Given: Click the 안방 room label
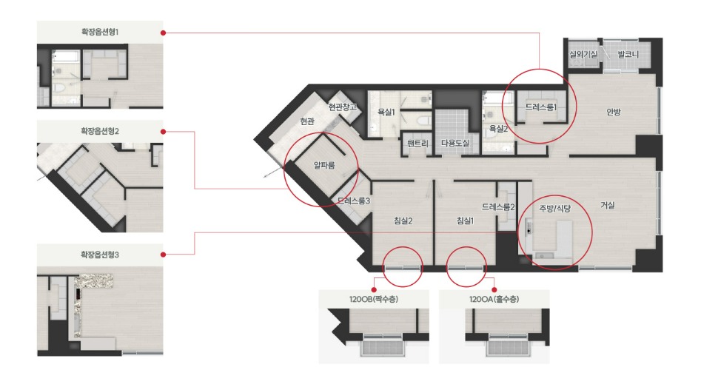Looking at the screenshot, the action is [x=614, y=112].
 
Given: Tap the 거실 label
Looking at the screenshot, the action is [x=608, y=205].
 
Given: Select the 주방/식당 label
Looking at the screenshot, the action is [x=555, y=208].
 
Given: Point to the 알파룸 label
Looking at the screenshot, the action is [x=324, y=165].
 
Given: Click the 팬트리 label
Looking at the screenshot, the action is [x=417, y=144].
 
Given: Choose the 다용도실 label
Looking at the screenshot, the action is [x=455, y=144].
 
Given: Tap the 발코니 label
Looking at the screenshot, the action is [x=628, y=55].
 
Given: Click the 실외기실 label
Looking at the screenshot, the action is [x=583, y=55].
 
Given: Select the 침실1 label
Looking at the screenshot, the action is [x=465, y=221].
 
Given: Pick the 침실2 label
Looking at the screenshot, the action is [x=403, y=221].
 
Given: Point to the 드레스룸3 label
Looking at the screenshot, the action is [x=354, y=201].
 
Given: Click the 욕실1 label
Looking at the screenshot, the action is [x=386, y=112].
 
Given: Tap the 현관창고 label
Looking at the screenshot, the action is [x=343, y=107].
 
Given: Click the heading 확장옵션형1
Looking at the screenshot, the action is [x=100, y=32].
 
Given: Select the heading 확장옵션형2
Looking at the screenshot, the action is [x=100, y=132].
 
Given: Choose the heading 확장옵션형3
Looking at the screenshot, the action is [x=100, y=255].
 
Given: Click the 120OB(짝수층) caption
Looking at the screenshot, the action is [x=374, y=300].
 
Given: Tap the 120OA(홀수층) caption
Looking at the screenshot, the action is [x=494, y=300].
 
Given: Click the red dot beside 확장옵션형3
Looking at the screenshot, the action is [x=163, y=255].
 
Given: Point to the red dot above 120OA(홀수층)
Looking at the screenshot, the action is [x=494, y=290].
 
